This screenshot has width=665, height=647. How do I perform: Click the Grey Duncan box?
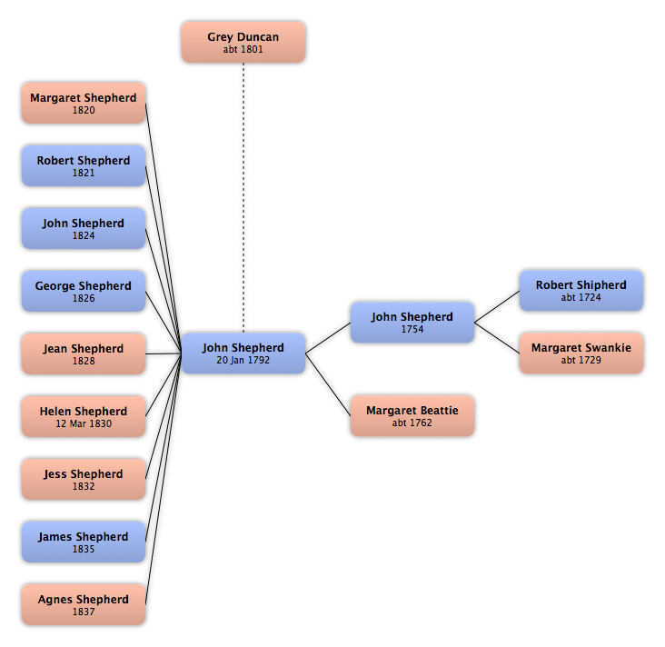(243, 43)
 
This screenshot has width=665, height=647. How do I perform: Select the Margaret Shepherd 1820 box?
(84, 103)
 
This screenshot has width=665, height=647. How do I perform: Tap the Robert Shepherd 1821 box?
(84, 166)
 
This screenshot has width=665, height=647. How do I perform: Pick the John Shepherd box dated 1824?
(84, 229)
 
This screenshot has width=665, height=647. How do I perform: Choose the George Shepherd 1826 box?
(84, 292)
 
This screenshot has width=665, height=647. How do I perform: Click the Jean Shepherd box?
(84, 353)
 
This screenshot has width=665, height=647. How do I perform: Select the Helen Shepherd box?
(84, 416)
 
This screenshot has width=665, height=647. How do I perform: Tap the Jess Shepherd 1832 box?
(84, 479)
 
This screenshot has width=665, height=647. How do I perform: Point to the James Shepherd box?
(84, 542)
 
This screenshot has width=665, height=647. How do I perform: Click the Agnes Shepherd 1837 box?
(84, 604)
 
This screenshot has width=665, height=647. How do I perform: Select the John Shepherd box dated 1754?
(412, 323)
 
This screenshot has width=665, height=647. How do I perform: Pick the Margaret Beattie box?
(412, 416)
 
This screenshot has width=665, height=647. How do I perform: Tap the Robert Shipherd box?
(581, 291)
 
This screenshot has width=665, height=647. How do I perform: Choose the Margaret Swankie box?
(581, 353)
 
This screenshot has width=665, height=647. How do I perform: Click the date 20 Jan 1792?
(243, 360)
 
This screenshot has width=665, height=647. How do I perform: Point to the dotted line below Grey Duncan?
(243, 198)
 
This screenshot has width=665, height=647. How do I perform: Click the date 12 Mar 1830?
(84, 423)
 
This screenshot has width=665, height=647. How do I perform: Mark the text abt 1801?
(243, 49)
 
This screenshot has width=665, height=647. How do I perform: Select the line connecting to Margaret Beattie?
(328, 384)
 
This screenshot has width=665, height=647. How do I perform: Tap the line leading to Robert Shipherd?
(497, 307)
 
